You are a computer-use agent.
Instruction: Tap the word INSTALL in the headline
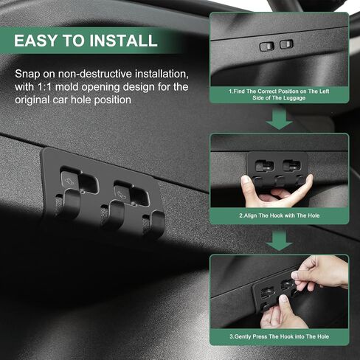[x=123, y=41]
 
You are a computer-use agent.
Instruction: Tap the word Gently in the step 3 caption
[x=243, y=336]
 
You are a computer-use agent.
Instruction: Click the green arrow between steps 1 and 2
[x=279, y=119]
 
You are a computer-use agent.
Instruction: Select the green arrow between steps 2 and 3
[x=279, y=240]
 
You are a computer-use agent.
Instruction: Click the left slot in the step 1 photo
[x=267, y=46]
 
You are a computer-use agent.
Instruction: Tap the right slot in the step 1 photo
[x=286, y=44]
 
